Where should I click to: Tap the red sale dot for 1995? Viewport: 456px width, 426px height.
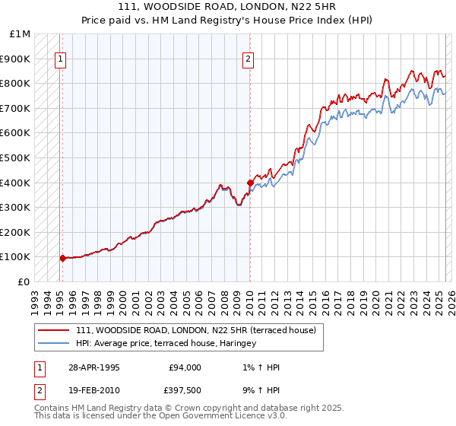62,258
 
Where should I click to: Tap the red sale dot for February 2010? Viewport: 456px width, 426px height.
249,183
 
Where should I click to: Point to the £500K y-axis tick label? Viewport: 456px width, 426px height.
15,157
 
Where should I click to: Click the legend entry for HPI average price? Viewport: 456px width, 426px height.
166,343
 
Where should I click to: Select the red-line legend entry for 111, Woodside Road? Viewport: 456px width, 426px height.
201,329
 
